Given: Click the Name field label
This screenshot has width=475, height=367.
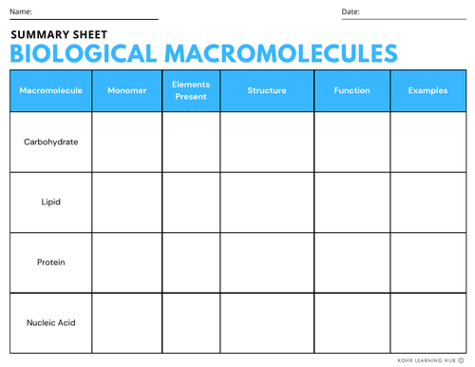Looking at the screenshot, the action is click(x=21, y=11).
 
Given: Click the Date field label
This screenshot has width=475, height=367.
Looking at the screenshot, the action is click(x=351, y=11).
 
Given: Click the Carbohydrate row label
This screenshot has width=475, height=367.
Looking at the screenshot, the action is click(x=50, y=142).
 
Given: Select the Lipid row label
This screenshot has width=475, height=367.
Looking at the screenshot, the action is click(x=50, y=202).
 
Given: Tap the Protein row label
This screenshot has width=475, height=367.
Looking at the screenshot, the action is click(x=50, y=261).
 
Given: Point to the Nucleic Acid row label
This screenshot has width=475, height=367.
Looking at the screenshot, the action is click(x=50, y=321).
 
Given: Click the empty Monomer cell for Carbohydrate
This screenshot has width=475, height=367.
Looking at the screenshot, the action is click(x=126, y=142).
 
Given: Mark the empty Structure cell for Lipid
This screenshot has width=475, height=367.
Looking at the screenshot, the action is click(x=267, y=202).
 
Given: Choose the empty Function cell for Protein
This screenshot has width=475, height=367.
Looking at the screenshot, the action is click(x=351, y=261).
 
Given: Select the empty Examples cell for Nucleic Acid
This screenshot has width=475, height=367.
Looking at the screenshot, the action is click(x=427, y=321).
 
